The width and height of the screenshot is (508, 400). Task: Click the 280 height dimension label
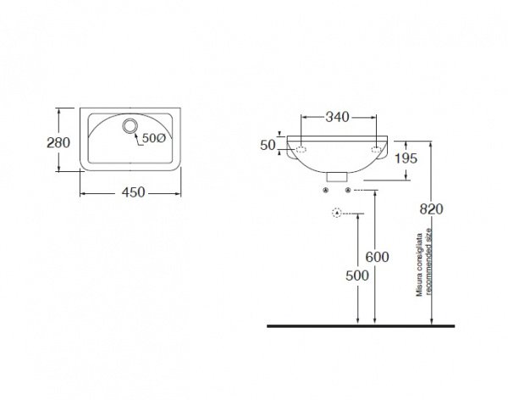coord(58,142)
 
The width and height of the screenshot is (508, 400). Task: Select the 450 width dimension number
coord(133,192)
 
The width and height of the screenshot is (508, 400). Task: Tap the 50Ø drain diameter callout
coord(154,138)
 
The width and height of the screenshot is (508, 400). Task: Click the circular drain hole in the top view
coord(130,125)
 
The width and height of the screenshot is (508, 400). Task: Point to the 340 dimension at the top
coord(337,117)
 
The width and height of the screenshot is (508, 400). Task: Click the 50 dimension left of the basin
coord(268,145)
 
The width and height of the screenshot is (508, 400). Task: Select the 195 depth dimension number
coord(406,158)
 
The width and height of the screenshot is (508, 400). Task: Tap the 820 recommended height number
coord(431,209)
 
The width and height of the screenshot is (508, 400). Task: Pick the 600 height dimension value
coord(377,257)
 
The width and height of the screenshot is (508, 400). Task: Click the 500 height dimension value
coord(357,275)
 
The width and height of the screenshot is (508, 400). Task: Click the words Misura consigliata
coord(419,264)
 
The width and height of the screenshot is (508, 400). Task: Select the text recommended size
coord(429,262)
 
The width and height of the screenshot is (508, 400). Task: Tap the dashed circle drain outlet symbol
coord(337,213)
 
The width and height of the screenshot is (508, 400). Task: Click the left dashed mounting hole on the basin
coord(301,149)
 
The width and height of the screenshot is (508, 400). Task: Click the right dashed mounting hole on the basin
coord(376,149)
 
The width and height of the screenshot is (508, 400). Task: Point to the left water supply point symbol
coord(326,190)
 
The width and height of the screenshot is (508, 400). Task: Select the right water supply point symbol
coord(348,190)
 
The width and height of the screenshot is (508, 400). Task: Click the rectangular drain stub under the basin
coord(337,177)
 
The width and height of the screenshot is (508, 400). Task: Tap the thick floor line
coord(361,326)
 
